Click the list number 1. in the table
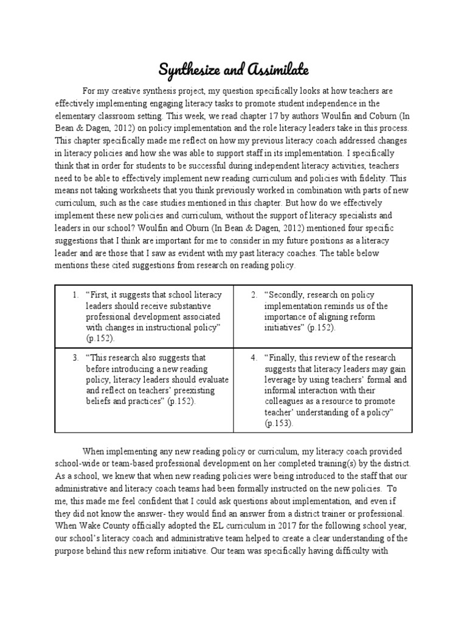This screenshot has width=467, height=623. click(74, 295)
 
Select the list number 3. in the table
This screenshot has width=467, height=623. click(74, 358)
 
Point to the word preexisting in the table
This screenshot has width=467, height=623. click(197, 391)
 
